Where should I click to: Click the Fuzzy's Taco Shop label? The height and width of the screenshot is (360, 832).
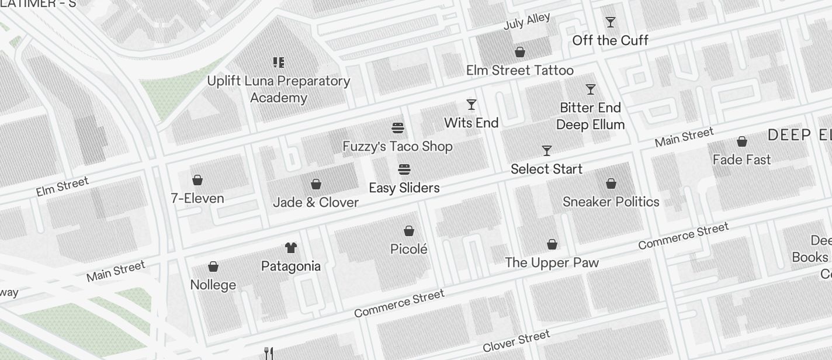(397, 146)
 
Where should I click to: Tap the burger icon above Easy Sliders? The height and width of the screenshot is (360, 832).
(404, 169)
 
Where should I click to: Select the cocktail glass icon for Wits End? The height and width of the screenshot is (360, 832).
(472, 105)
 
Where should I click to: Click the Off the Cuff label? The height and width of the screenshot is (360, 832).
(610, 40)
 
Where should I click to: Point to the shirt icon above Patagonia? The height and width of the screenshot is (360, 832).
(291, 248)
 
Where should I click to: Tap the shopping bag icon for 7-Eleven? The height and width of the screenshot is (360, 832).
(197, 180)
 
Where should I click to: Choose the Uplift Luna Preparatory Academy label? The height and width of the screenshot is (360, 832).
(279, 89)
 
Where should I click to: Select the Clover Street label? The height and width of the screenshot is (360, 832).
(516, 341)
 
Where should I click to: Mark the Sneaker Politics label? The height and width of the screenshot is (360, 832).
(611, 202)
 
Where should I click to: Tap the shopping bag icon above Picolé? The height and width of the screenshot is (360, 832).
(409, 231)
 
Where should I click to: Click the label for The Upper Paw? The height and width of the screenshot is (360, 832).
(552, 262)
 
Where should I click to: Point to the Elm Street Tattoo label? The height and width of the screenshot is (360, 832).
(519, 71)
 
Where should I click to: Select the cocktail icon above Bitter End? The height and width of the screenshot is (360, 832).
(591, 89)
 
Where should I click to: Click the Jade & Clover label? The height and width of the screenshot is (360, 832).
(316, 202)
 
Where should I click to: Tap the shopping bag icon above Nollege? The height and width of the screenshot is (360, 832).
(213, 267)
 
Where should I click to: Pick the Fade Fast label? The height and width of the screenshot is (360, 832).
(741, 160)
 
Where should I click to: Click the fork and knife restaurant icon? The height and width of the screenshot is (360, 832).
(269, 353)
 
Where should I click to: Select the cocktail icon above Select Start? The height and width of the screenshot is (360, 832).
(547, 151)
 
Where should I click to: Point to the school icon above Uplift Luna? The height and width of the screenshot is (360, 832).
(279, 63)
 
